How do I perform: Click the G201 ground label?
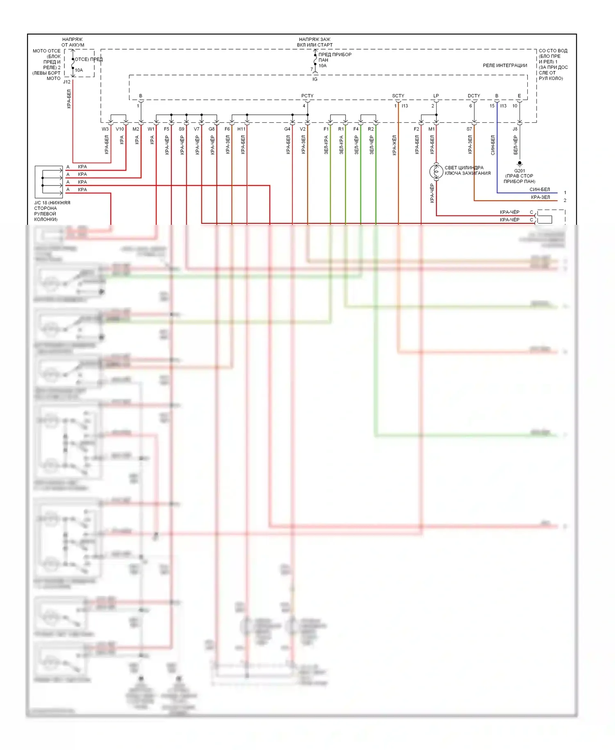tap(519, 171)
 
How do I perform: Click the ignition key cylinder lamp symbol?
tap(436, 171)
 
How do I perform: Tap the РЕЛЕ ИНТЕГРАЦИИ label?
tap(505, 65)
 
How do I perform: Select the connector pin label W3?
tap(105, 129)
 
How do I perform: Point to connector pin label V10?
tap(120, 129)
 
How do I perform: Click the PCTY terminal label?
tap(307, 96)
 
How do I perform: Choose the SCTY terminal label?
tap(398, 96)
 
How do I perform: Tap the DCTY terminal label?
tap(474, 96)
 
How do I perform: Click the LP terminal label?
tap(436, 96)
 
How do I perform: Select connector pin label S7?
tap(469, 129)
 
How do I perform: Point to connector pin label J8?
tap(515, 129)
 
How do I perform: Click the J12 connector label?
tap(66, 82)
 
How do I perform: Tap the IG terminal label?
tap(315, 79)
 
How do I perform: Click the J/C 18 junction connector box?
tap(49, 182)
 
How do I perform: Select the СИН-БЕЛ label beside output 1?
tap(540, 189)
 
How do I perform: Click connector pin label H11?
tap(241, 129)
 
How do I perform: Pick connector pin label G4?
tap(287, 129)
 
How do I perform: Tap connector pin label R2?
tap(371, 129)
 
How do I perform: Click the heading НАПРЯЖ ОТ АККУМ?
tap(73, 42)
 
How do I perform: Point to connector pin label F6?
tap(227, 129)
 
